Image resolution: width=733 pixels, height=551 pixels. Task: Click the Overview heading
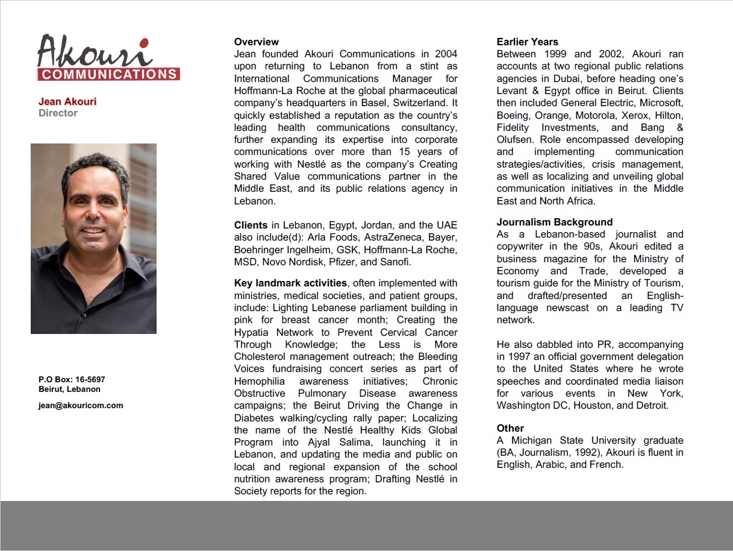(256, 42)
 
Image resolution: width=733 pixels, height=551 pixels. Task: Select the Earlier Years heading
(527, 42)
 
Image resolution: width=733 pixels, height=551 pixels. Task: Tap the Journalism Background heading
(554, 222)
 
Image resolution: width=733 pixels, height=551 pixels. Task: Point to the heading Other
(510, 428)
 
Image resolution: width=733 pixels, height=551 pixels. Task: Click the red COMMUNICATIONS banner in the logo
(108, 74)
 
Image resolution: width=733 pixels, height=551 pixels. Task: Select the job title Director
(58, 113)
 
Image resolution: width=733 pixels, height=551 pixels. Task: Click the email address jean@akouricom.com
(81, 405)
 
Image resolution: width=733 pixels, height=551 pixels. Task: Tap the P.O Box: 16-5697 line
(72, 379)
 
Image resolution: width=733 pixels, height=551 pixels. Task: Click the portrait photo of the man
(93, 238)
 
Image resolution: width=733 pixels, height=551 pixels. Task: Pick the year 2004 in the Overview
(445, 54)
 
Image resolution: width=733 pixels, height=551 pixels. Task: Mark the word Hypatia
(252, 332)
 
